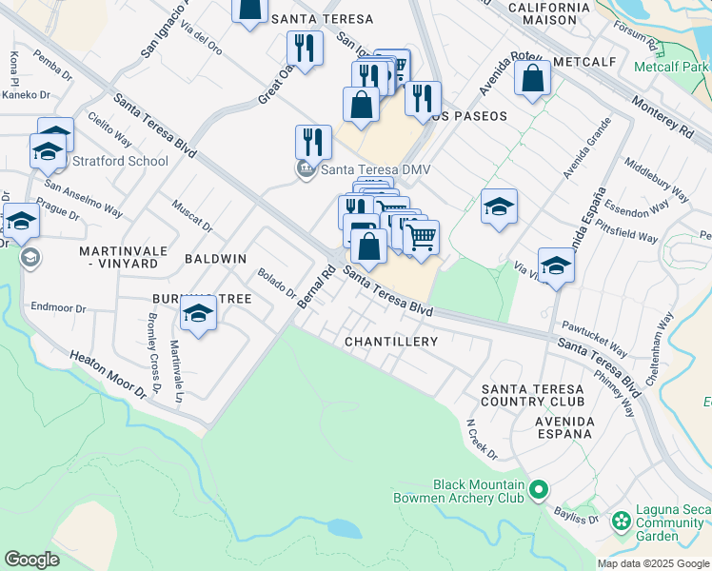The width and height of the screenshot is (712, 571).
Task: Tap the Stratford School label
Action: (120, 161)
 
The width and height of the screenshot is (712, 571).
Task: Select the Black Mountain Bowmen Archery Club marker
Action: (539, 491)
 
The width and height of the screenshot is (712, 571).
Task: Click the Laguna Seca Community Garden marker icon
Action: (622, 521)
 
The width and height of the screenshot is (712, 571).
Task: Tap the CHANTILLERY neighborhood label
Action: (391, 341)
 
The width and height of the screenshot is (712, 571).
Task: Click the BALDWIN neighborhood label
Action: (215, 259)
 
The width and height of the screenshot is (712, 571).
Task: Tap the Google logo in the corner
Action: (31, 559)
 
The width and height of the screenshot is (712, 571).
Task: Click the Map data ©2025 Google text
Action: (653, 563)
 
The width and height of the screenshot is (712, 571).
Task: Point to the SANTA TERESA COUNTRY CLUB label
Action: (531, 397)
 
